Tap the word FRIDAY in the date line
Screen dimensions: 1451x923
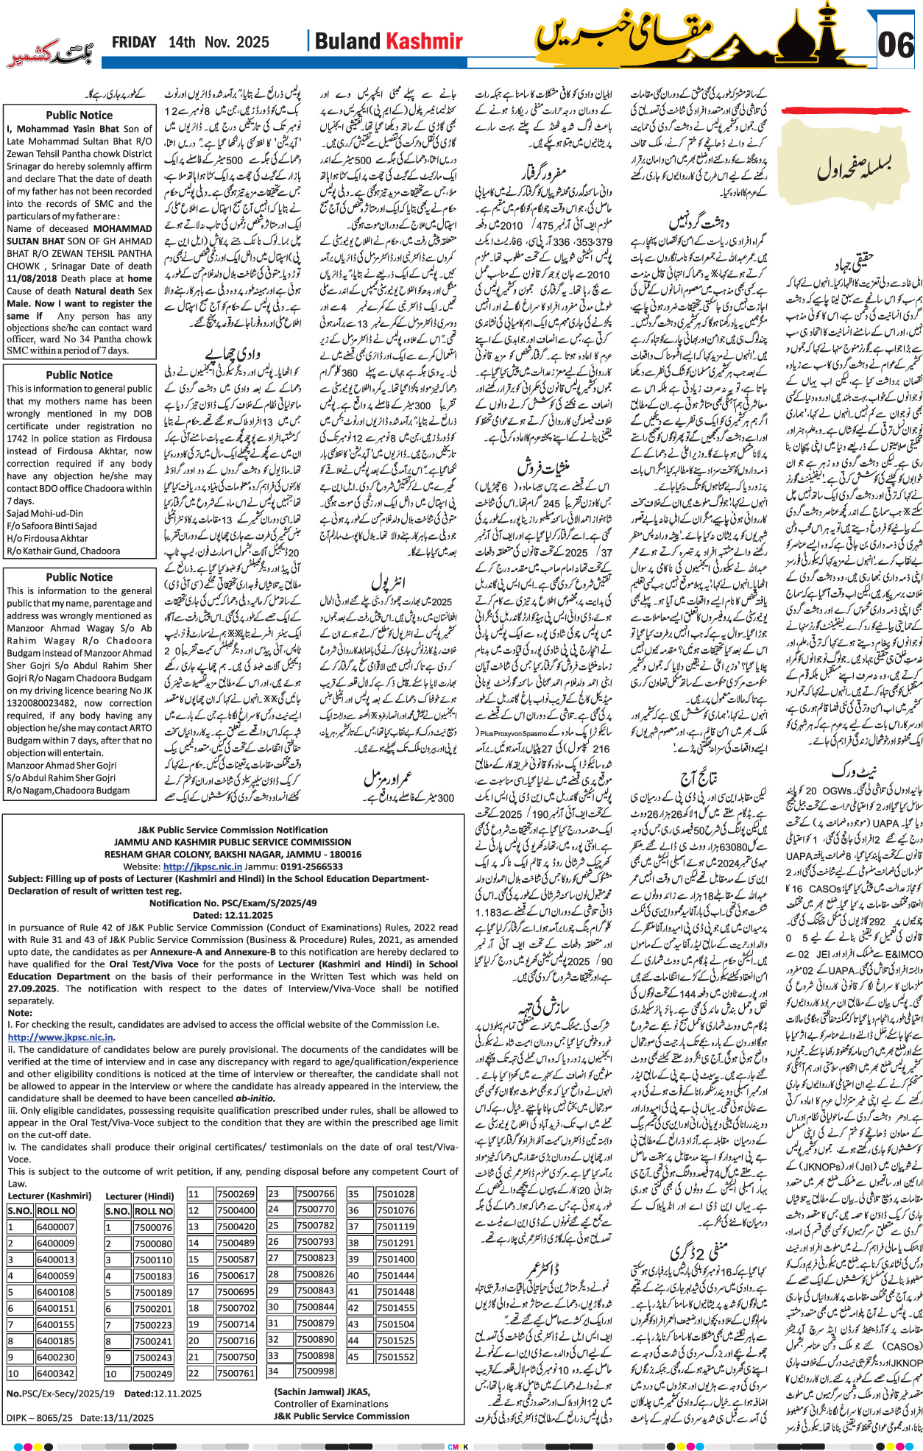point(134,43)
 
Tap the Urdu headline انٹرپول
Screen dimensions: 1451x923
point(388,583)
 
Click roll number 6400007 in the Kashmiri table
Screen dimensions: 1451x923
point(55,1227)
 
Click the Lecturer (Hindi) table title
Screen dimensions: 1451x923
point(140,1196)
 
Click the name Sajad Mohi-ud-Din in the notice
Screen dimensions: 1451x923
point(45,513)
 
